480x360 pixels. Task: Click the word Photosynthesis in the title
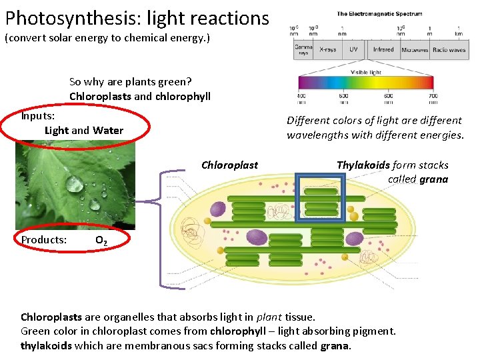73,18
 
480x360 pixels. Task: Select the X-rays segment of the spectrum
327,49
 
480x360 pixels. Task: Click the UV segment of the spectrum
353,49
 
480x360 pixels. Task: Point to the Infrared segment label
383,49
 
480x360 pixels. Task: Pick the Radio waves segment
449,50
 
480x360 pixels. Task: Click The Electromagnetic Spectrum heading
378,14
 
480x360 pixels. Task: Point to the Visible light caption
366,71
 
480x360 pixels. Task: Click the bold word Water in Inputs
108,131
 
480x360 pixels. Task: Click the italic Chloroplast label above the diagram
229,165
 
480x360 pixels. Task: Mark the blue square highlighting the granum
321,197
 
